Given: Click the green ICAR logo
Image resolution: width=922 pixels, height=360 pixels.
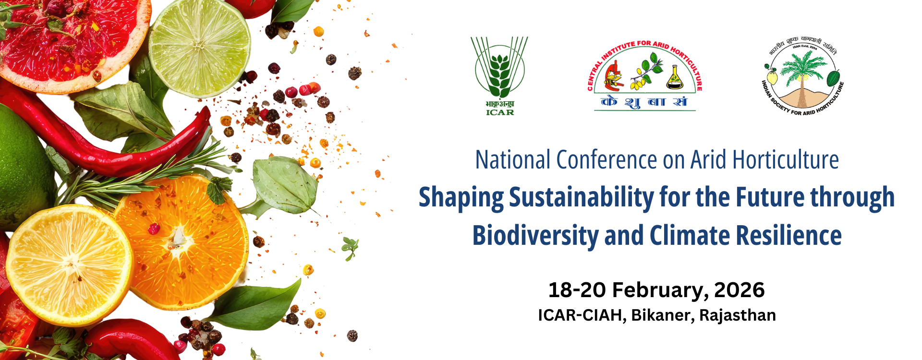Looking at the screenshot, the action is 499,76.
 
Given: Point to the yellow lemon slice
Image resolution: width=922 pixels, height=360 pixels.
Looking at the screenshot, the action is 70,265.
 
